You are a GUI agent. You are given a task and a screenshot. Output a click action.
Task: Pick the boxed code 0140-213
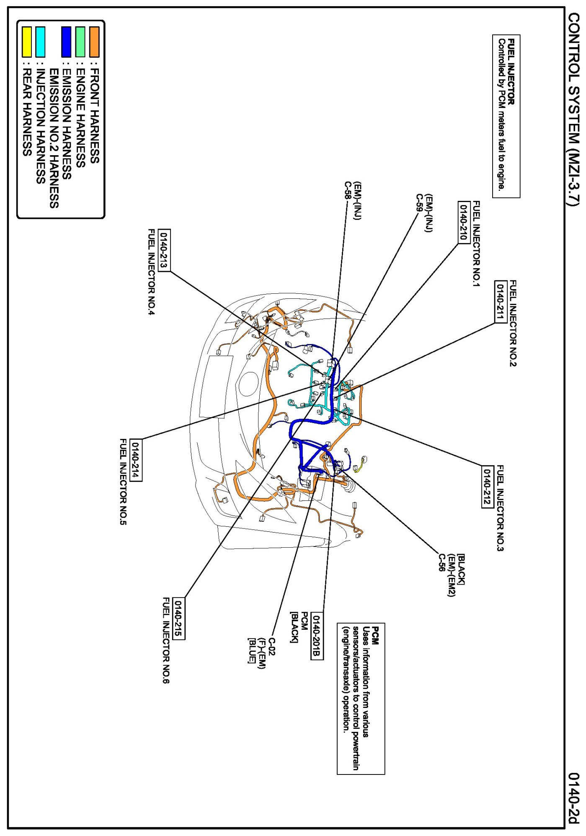(x=164, y=250)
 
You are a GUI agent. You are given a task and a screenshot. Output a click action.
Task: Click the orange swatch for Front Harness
(x=94, y=42)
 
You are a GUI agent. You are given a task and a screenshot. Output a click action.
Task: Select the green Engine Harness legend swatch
(x=80, y=42)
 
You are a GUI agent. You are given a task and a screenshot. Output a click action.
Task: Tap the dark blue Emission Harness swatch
(x=66, y=42)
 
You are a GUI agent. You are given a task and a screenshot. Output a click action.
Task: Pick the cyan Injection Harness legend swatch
(x=41, y=42)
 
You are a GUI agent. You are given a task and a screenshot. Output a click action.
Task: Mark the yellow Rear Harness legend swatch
(x=27, y=42)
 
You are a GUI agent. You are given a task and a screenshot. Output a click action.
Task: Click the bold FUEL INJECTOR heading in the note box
(x=511, y=72)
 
